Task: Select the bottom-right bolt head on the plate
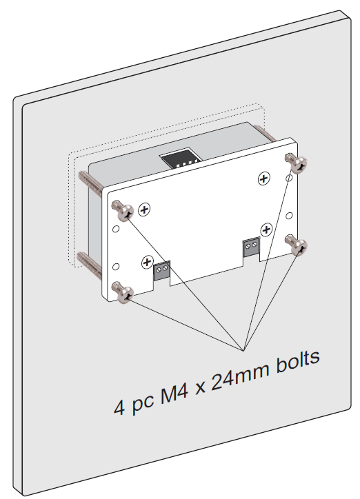[x=298, y=246]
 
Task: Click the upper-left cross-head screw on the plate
[x=144, y=210]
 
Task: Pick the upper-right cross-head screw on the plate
[x=263, y=179]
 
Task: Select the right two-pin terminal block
[x=251, y=245]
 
